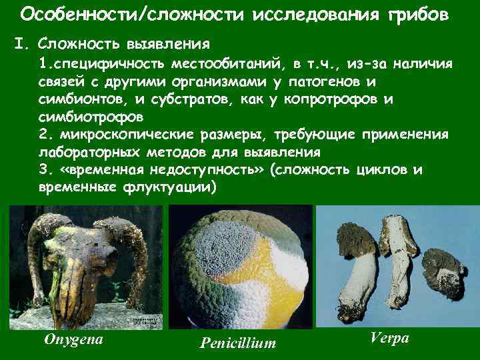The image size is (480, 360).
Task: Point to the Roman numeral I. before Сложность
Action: (21, 45)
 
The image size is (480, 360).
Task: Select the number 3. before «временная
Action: (45, 169)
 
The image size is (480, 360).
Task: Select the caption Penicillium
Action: (237, 343)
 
